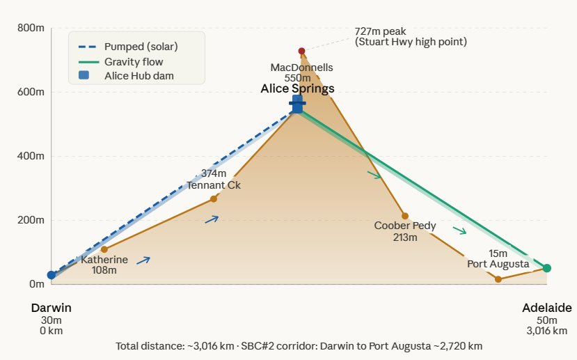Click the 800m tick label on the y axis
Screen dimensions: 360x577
click(31, 28)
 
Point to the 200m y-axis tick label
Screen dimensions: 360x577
click(31, 220)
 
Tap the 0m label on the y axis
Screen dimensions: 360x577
click(35, 284)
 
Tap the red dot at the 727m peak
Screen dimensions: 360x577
click(301, 51)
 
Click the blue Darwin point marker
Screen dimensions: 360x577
click(52, 275)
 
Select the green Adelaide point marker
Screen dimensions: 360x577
click(547, 268)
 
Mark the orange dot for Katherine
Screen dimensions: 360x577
click(104, 249)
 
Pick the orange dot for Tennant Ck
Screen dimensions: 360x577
click(214, 199)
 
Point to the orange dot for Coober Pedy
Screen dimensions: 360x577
click(405, 216)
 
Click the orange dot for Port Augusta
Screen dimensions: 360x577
click(498, 279)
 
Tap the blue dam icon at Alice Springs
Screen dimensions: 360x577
click(297, 104)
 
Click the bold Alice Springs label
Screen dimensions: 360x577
click(297, 88)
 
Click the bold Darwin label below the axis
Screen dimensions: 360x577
click(52, 308)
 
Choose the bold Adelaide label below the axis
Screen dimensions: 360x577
click(547, 308)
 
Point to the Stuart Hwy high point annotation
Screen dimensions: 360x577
click(411, 37)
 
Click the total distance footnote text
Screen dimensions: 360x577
click(299, 346)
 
